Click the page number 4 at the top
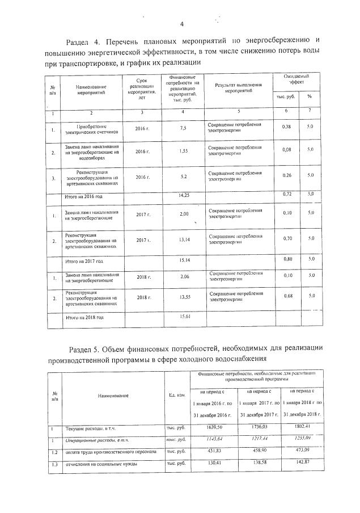(x=182, y=24)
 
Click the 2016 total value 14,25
(x=183, y=195)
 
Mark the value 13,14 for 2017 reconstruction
(x=183, y=239)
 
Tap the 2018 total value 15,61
(x=183, y=317)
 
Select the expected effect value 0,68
(x=286, y=296)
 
